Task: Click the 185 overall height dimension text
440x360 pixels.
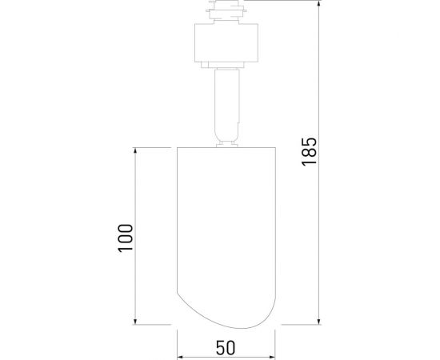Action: (x=310, y=151)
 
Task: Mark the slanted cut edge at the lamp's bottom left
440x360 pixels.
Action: (x=192, y=308)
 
